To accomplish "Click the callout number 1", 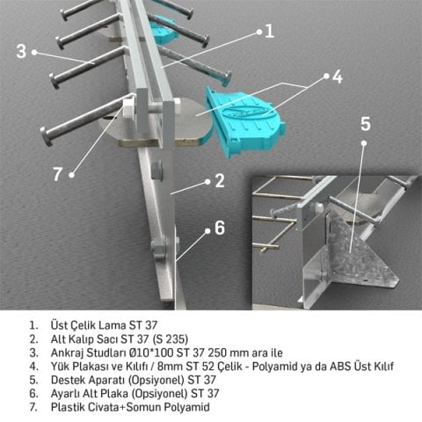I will tap(268, 30).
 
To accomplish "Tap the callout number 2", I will tap(221, 181).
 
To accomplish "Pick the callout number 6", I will tap(221, 227).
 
